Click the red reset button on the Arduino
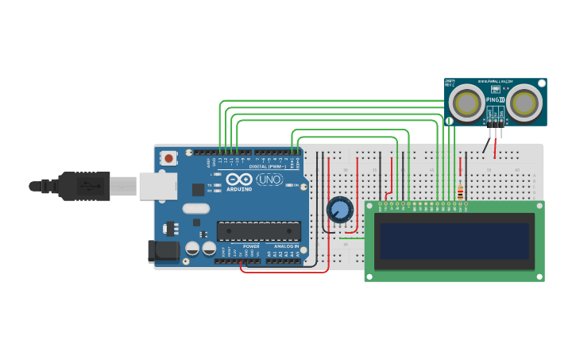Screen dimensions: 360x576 [x=168, y=157]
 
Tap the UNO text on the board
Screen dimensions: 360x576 [x=269, y=180]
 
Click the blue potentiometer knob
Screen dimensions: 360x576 [x=339, y=210]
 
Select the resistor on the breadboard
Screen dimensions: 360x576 [x=459, y=191]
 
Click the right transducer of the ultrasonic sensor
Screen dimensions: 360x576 [x=525, y=103]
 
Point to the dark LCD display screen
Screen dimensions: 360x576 [x=454, y=241]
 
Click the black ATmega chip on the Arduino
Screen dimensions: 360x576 [x=258, y=230]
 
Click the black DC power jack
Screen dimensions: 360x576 [x=164, y=251]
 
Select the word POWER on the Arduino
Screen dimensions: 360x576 [x=251, y=246]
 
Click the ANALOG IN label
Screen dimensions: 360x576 [x=286, y=246]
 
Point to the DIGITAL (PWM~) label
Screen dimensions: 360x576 [x=268, y=166]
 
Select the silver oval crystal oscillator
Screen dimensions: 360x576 [x=195, y=209]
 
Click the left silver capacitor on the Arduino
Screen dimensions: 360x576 [x=192, y=248]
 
